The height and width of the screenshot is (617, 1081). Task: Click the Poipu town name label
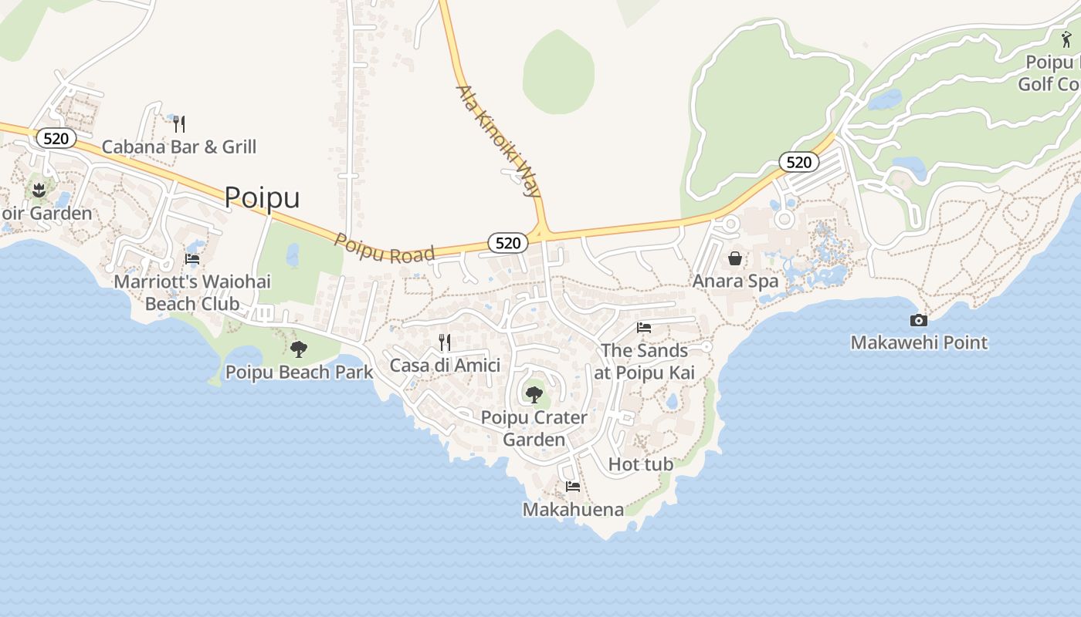pos(262,197)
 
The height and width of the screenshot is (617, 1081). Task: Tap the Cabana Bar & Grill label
pos(179,147)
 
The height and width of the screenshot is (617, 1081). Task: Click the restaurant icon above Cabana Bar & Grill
pos(179,123)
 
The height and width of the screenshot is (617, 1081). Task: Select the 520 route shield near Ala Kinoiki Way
pos(507,243)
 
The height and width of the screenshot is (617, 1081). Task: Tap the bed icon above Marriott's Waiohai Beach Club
pos(192,259)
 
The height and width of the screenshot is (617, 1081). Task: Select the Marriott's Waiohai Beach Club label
pos(192,292)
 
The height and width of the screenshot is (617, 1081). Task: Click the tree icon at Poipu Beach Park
pos(299,349)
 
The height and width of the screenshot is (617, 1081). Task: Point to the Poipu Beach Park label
pos(299,373)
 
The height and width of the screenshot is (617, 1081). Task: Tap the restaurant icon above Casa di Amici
pos(445,342)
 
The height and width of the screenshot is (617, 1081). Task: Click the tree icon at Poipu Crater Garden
pos(534,395)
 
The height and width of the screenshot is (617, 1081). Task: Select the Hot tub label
pos(641,464)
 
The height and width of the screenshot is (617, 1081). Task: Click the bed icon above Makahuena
pos(573,487)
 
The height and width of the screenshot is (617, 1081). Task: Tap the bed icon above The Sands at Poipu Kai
pos(644,328)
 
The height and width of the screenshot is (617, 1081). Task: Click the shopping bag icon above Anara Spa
pos(735,258)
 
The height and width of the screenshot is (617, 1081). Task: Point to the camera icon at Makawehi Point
pos(919,320)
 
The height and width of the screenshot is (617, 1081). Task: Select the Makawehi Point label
pos(919,342)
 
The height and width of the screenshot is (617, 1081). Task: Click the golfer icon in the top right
pos(1066,39)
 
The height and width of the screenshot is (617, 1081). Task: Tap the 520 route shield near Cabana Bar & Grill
pos(56,139)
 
